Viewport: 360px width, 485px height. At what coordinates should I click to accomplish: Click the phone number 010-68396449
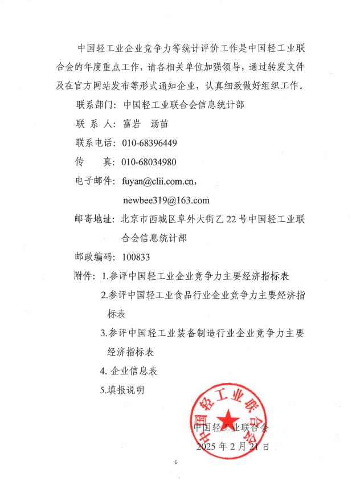click(149, 142)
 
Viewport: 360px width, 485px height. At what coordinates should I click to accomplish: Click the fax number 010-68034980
click(149, 162)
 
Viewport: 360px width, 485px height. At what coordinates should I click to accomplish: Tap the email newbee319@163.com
click(166, 200)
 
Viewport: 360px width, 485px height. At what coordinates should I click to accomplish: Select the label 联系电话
click(95, 142)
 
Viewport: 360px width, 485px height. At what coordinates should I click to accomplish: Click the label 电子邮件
click(95, 181)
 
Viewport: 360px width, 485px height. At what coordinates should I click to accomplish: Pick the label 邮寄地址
click(95, 219)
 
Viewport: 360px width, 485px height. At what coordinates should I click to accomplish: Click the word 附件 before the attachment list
click(84, 276)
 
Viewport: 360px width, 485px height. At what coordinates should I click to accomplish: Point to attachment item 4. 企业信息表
click(129, 371)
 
